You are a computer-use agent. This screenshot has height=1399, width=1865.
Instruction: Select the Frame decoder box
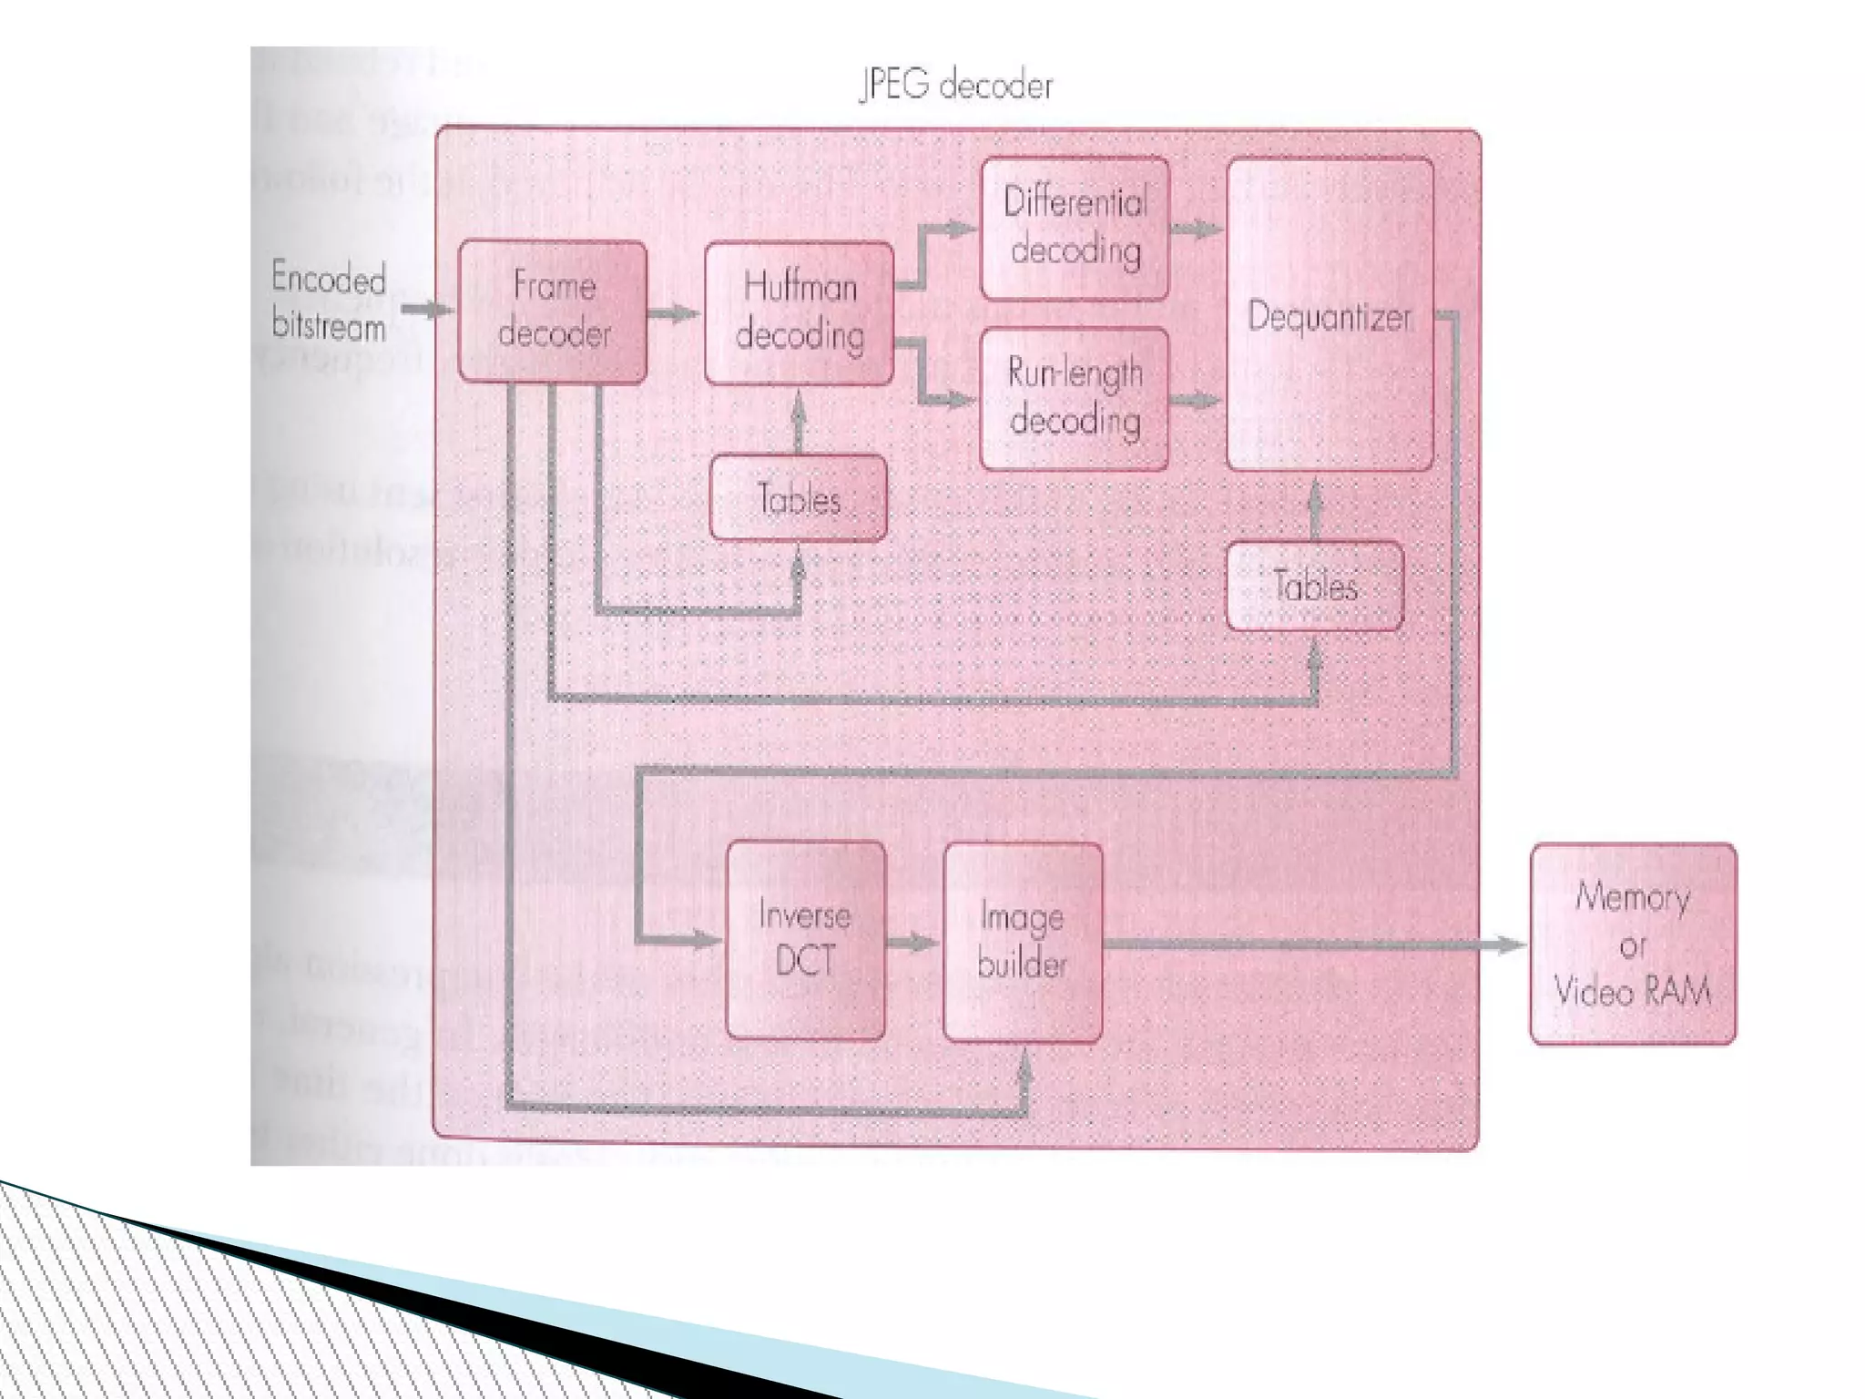[x=553, y=311]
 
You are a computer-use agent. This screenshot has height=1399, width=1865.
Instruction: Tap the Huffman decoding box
[x=799, y=312]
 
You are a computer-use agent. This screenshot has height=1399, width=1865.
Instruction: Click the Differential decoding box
[x=1075, y=228]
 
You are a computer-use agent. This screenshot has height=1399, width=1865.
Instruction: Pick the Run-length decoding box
[x=1075, y=398]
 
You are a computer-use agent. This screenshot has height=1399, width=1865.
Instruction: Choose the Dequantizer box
[x=1330, y=315]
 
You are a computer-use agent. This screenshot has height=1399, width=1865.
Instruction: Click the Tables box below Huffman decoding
[x=798, y=498]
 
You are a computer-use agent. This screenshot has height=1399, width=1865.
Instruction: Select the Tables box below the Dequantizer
[x=1315, y=586]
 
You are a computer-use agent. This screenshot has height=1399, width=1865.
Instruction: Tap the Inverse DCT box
[x=806, y=940]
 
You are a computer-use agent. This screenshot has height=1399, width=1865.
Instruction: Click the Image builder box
[x=1023, y=942]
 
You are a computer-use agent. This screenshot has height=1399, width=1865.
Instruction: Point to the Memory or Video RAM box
[x=1633, y=944]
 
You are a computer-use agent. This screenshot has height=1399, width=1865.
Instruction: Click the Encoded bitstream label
[x=329, y=301]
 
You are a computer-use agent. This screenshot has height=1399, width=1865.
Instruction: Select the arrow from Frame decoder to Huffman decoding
[x=675, y=313]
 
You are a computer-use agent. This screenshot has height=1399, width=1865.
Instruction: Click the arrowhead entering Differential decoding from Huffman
[x=961, y=229]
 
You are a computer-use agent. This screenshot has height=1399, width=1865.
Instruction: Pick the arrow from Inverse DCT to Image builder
[x=914, y=943]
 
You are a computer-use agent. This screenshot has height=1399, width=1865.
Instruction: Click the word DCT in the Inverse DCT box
[x=805, y=962]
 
